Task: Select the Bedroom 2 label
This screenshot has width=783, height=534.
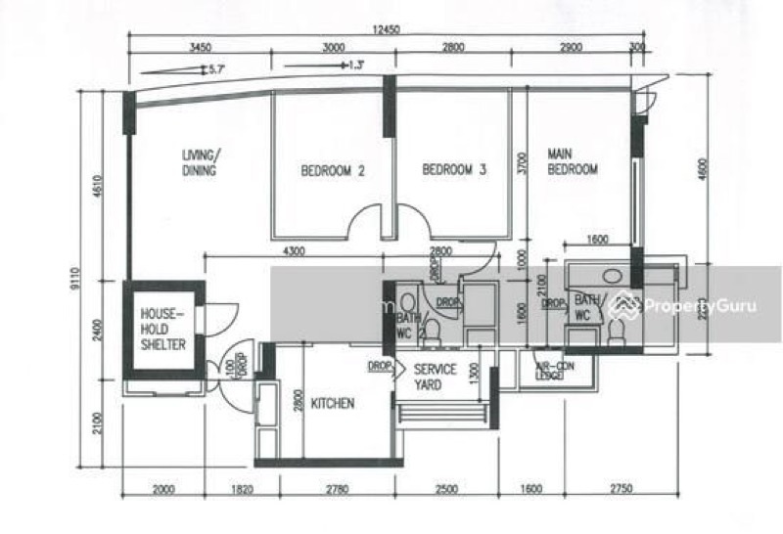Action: point(332,170)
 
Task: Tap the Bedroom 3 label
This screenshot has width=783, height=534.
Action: point(454,169)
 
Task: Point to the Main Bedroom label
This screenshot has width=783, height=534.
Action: point(572,161)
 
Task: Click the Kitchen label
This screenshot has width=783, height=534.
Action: point(333,403)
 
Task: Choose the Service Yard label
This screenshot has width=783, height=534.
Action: point(435,377)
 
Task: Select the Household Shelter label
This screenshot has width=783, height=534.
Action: point(162,330)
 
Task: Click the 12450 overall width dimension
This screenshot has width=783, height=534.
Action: point(388,29)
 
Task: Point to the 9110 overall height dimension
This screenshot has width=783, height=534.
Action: point(87,289)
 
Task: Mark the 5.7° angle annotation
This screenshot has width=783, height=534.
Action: point(216,68)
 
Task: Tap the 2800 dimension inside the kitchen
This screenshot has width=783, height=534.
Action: point(296,401)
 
